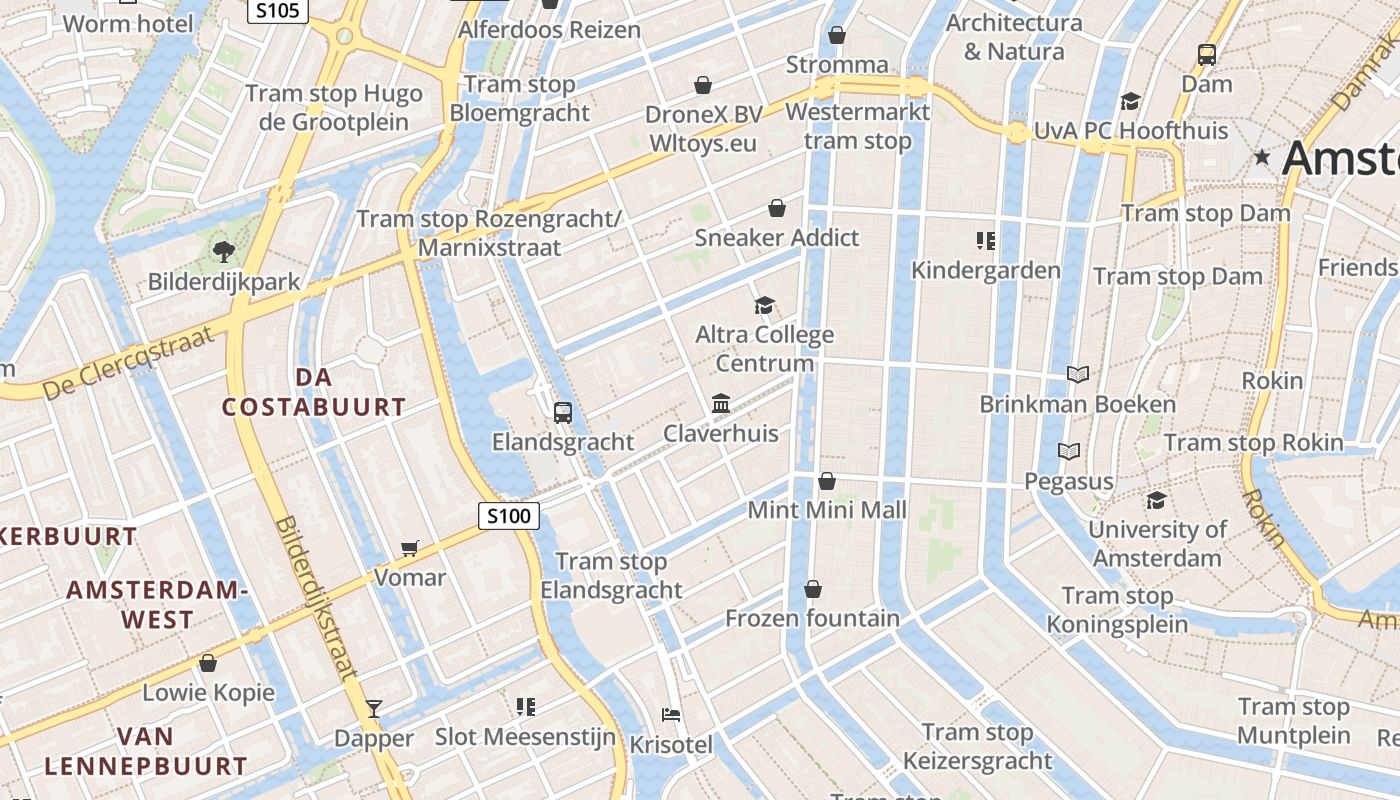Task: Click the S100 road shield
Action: [509, 516]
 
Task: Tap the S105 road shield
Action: [278, 10]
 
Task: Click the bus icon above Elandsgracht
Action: [563, 412]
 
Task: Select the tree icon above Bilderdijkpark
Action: [223, 251]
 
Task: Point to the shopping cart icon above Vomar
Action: [409, 547]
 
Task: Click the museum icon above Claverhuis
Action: [721, 403]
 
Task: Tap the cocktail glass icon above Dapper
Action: [374, 708]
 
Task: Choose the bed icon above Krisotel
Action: [672, 715]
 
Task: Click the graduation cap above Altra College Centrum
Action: [764, 305]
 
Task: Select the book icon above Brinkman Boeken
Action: [1077, 374]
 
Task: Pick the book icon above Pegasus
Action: [1069, 452]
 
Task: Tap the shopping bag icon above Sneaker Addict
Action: [776, 208]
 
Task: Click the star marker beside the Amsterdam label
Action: [1262, 157]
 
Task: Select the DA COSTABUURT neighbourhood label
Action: [314, 392]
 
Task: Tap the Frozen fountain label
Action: [812, 618]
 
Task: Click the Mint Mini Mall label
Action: [827, 510]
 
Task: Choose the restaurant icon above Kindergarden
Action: [986, 240]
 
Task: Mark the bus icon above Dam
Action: [1207, 55]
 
